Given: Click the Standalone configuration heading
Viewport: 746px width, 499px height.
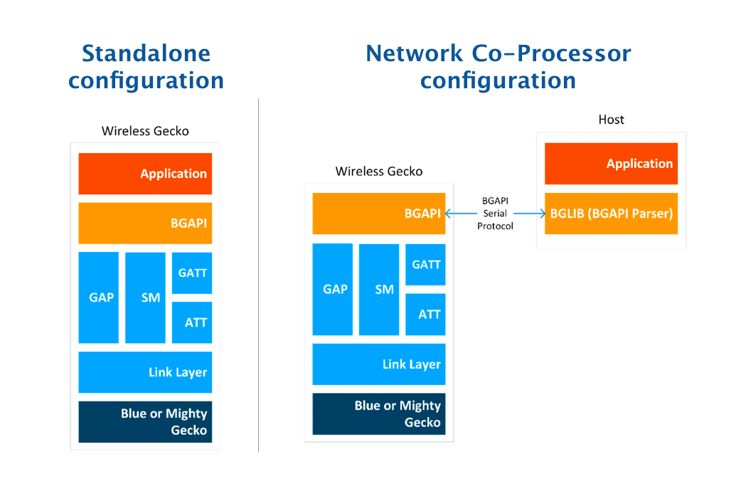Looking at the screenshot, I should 146,66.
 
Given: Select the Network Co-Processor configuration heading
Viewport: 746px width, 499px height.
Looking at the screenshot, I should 498,66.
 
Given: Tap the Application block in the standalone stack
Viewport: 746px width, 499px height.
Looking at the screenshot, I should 145,174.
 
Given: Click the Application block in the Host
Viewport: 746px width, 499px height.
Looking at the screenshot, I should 611,164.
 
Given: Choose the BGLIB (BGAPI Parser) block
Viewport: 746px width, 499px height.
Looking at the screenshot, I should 611,213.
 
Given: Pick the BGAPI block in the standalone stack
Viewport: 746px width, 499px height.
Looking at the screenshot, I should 145,223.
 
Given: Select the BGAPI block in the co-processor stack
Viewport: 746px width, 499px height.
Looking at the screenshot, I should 378,213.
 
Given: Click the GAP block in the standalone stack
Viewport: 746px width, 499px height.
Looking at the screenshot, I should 99,298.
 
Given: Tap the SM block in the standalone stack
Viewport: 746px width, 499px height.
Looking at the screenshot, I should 146,298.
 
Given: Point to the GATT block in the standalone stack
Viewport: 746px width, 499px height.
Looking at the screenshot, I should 192,273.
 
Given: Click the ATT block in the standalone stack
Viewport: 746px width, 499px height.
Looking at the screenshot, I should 192,322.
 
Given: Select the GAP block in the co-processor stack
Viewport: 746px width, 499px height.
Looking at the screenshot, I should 333,289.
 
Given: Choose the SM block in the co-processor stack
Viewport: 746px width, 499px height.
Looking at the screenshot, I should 379,289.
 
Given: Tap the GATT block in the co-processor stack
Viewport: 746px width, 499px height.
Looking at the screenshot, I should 425,264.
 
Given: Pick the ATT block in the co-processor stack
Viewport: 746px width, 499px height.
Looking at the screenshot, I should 425,314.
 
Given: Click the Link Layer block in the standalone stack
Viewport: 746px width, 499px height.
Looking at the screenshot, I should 145,372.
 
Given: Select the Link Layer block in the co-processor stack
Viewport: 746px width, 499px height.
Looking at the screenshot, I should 378,364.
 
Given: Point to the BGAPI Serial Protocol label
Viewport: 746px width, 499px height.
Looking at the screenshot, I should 495,214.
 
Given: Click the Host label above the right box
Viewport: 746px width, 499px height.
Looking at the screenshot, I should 611,120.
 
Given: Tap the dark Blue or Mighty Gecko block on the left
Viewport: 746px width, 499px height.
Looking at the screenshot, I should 145,421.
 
